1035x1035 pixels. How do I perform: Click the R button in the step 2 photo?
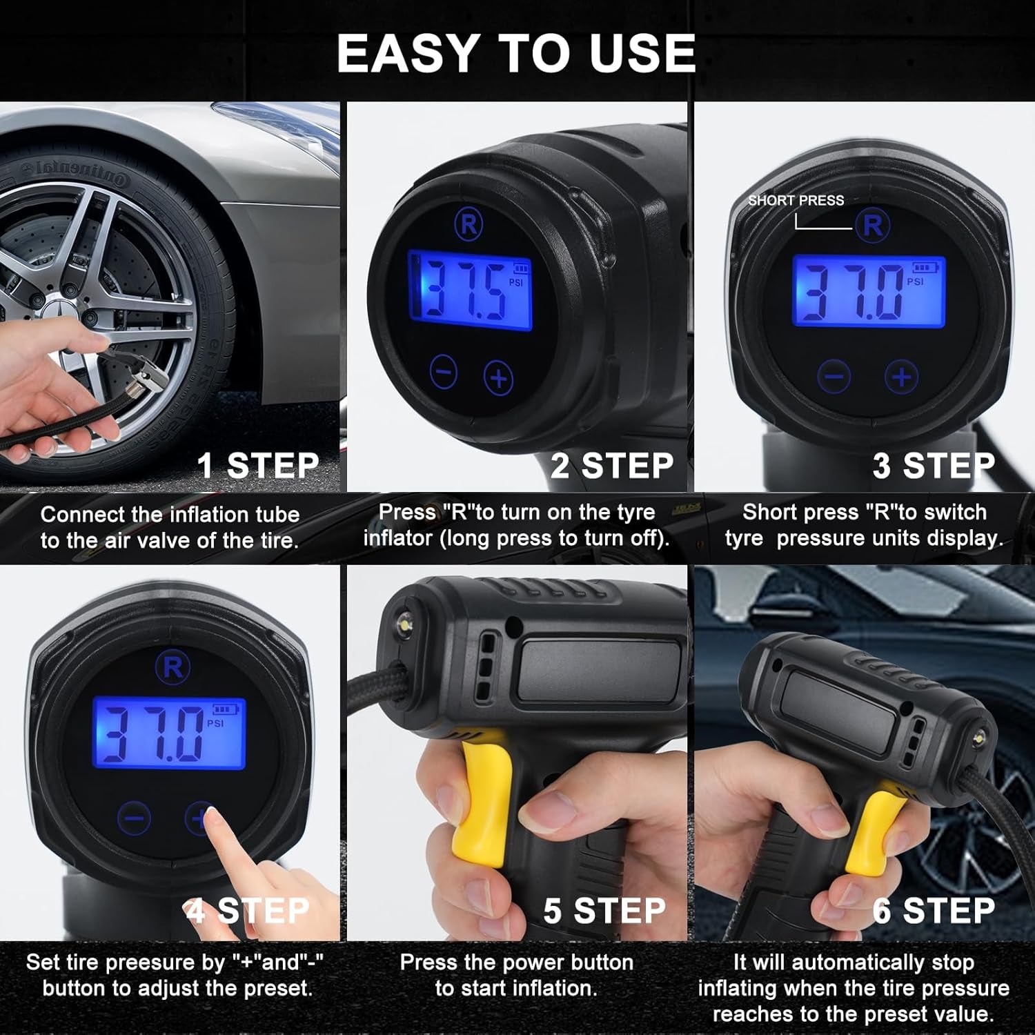coord(469,225)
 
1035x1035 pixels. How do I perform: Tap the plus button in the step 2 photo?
coord(499,377)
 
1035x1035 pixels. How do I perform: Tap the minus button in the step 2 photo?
coord(443,373)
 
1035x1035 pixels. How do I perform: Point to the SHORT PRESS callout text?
coord(796,201)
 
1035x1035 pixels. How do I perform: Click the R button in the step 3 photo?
coord(873,226)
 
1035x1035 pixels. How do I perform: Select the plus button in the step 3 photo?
coord(901,377)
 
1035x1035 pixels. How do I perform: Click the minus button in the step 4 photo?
coord(134,818)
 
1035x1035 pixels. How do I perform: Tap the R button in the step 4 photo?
coord(172,667)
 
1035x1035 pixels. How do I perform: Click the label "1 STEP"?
coord(257,466)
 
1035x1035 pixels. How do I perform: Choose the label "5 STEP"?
coord(604,911)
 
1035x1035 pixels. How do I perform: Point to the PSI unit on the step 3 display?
coord(915,282)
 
